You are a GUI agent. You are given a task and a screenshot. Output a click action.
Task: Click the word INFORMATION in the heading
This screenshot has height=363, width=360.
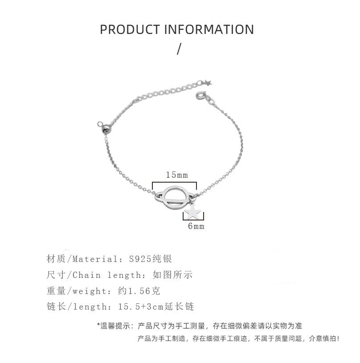[209, 29]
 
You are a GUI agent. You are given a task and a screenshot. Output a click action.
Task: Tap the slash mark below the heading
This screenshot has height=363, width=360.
[179, 49]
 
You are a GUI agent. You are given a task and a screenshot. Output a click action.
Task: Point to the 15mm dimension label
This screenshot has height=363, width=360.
[177, 175]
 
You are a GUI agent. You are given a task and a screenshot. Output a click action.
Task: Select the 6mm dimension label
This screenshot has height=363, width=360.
[196, 226]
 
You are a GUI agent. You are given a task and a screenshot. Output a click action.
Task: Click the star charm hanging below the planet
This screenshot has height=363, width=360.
[193, 211]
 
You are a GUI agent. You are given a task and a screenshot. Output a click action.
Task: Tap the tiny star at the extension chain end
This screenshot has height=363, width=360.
[207, 82]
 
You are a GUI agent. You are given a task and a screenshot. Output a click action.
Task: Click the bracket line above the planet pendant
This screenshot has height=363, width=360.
[177, 182]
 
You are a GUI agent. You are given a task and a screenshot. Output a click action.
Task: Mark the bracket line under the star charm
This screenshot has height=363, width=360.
[193, 220]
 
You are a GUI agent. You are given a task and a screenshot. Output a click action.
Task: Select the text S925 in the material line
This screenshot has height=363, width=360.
[140, 259]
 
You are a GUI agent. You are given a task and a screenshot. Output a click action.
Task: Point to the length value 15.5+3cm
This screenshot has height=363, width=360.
[142, 307]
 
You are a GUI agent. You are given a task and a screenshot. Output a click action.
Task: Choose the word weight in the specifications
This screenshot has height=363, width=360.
[88, 291]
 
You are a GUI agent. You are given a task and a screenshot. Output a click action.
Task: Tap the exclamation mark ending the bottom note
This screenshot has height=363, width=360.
[339, 339]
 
